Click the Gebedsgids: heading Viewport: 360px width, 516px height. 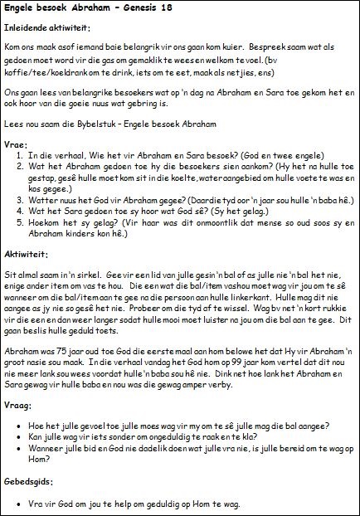tap(28, 481)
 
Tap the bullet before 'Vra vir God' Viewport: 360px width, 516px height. tap(19, 503)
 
